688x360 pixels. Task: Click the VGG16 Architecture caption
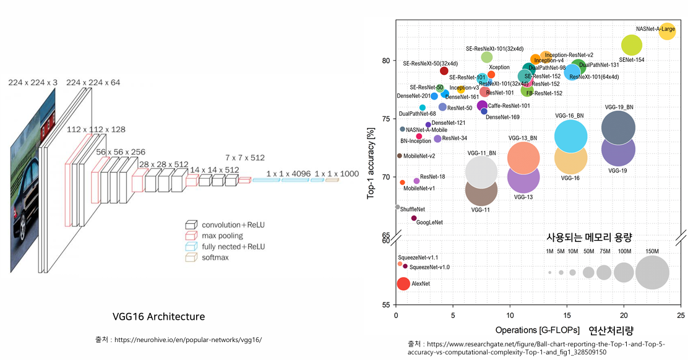(x=158, y=317)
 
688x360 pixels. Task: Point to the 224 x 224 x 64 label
(x=93, y=83)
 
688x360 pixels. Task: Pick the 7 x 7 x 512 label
(x=244, y=158)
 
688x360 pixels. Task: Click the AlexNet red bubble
(x=403, y=284)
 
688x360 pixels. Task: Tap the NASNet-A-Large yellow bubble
(x=667, y=31)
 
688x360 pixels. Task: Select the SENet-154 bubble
(x=631, y=45)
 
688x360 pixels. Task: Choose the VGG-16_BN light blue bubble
(x=570, y=137)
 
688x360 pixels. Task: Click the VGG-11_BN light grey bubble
(x=481, y=172)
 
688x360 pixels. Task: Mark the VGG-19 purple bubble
(x=618, y=149)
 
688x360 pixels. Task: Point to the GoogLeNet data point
(x=414, y=218)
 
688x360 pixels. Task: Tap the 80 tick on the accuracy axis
(x=385, y=61)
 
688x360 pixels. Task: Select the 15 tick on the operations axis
(x=567, y=315)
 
